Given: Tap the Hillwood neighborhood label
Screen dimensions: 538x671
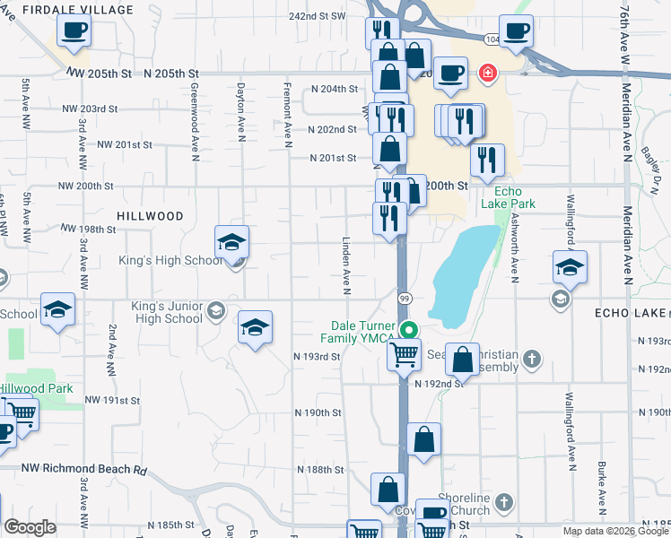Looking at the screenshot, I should click(x=150, y=216).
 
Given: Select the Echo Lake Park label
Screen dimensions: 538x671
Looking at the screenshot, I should click(x=515, y=197).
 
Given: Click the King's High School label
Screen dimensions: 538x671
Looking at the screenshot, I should click(x=170, y=261).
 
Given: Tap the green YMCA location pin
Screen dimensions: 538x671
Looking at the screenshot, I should click(x=409, y=330).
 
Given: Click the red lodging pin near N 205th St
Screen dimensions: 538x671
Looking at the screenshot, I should click(x=487, y=72).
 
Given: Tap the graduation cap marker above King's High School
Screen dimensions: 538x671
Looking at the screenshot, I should click(x=231, y=241).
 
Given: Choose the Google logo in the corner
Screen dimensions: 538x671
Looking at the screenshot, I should click(x=30, y=527).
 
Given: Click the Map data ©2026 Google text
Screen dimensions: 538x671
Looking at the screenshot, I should click(x=615, y=531).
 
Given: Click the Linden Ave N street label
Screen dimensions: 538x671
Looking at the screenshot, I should click(x=344, y=265).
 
